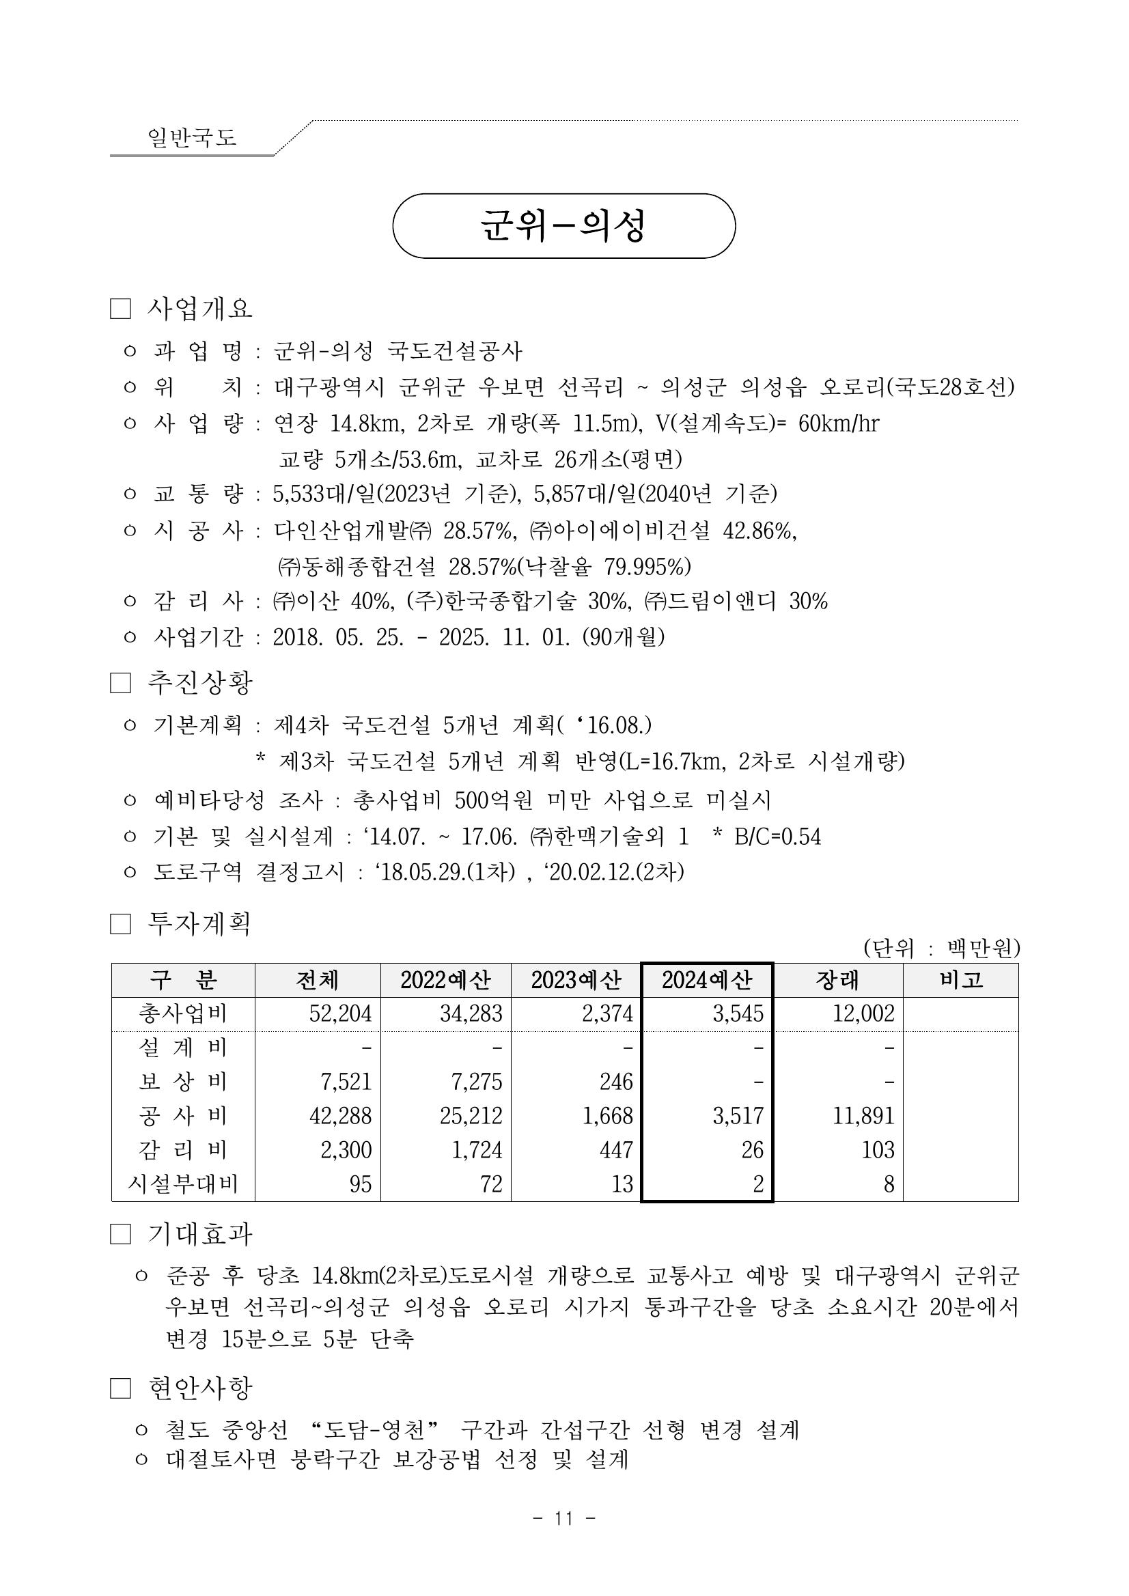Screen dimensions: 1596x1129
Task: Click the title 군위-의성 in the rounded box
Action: (x=563, y=226)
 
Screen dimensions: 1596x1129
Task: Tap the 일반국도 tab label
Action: (x=192, y=137)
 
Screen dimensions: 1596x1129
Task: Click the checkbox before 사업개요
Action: (x=120, y=309)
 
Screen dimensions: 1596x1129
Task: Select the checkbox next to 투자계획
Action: (x=120, y=925)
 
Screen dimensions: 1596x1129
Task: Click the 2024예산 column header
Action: (x=706, y=980)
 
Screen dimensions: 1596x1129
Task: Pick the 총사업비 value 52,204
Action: (x=341, y=1013)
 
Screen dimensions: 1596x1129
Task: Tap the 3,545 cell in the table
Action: (x=738, y=1013)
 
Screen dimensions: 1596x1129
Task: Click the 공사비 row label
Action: (x=183, y=1116)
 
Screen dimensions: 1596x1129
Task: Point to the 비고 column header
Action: (x=961, y=980)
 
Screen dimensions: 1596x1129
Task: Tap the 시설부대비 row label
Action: (x=183, y=1184)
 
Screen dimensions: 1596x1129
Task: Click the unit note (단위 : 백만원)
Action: (x=941, y=948)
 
